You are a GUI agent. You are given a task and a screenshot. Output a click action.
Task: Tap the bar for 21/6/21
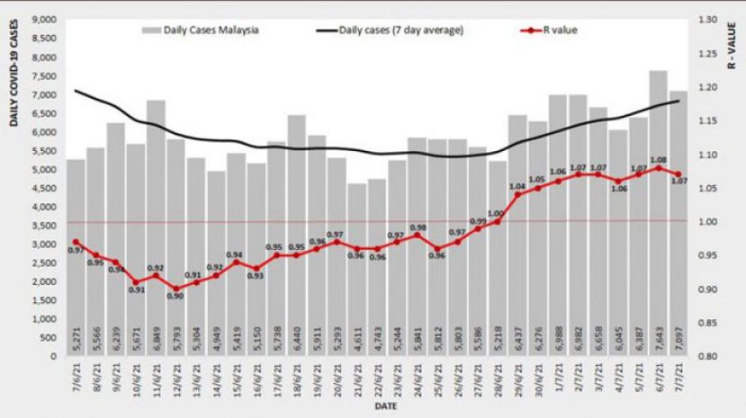[356, 270]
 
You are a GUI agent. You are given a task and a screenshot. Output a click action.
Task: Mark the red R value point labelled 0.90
[175, 289]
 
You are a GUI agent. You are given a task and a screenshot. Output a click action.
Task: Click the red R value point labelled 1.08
[658, 167]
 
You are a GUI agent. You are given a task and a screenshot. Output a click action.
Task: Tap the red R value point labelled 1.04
[517, 194]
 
